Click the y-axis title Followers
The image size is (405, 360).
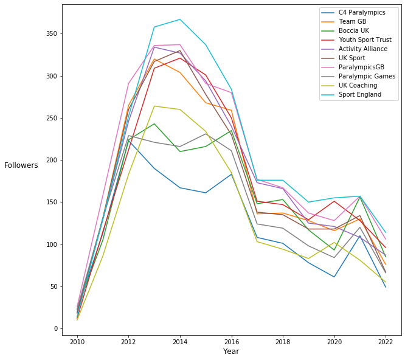pos(21,165)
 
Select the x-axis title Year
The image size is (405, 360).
pos(231,351)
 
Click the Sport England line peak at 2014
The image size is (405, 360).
pos(180,19)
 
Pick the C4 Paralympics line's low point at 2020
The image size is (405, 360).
pos(334,277)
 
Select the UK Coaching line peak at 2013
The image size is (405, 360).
pos(154,106)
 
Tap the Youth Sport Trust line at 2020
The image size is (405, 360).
pos(334,201)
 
